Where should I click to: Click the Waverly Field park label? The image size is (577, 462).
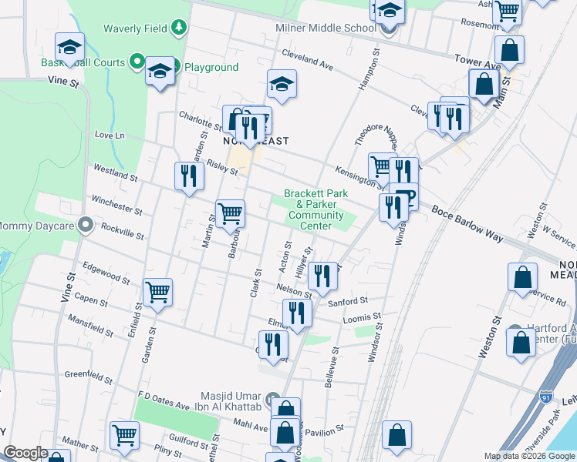pyautogui.click(x=137, y=28)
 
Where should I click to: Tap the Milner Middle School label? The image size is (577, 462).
pyautogui.click(x=326, y=28)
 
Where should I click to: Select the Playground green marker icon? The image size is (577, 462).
pyautogui.click(x=176, y=67)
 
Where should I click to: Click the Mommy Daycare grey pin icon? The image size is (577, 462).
pyautogui.click(x=86, y=226)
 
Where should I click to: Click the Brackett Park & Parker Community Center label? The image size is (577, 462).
pyautogui.click(x=315, y=209)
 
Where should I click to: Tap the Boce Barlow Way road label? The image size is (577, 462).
pyautogui.click(x=467, y=223)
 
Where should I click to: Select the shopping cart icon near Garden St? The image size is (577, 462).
pyautogui.click(x=157, y=293)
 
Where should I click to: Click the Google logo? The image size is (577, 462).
pyautogui.click(x=25, y=453)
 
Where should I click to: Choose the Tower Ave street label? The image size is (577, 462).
pyautogui.click(x=478, y=62)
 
